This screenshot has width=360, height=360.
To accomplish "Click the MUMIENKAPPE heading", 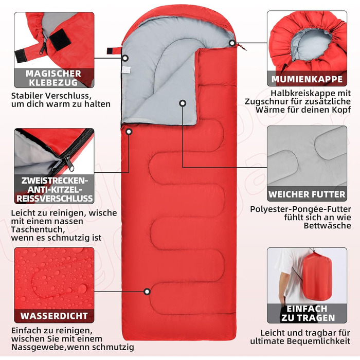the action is pos(307,79).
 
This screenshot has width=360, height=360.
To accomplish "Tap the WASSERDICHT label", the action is pos(54,316).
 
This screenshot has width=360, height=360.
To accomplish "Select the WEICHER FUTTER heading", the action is pos(307,194).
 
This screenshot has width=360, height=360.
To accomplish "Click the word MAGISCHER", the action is pos(53,74).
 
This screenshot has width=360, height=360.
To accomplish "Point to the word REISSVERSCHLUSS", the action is pos(55,199).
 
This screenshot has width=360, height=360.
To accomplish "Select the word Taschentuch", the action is pos(37,229).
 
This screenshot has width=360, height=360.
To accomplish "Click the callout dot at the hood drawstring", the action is pos(232,43).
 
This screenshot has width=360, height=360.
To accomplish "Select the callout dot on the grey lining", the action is pos(183,103).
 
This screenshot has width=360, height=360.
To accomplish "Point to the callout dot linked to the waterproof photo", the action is pos(147,292).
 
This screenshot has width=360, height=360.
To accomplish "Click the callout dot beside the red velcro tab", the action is pos(125,58).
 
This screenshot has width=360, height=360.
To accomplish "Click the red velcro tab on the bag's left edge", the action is pos(114,51).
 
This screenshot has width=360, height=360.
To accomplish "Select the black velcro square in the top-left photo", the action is pos(58,39).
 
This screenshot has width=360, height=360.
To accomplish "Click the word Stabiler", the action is pos(27,96).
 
